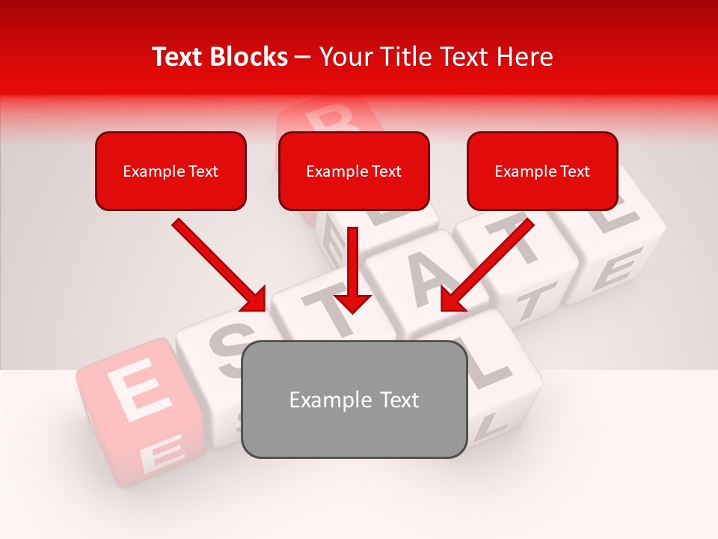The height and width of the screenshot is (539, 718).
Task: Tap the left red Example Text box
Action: coord(171,171)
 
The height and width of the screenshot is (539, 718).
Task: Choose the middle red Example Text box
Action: coord(354,171)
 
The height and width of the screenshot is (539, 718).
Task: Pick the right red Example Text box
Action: coord(542,171)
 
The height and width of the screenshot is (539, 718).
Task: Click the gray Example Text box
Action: coord(355,400)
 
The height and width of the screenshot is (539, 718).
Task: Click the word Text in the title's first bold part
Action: coord(177,57)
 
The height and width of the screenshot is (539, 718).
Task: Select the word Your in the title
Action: coord(343,57)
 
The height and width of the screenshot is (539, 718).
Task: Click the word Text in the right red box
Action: coord(574,171)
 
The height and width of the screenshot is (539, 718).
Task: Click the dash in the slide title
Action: coord(303,57)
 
